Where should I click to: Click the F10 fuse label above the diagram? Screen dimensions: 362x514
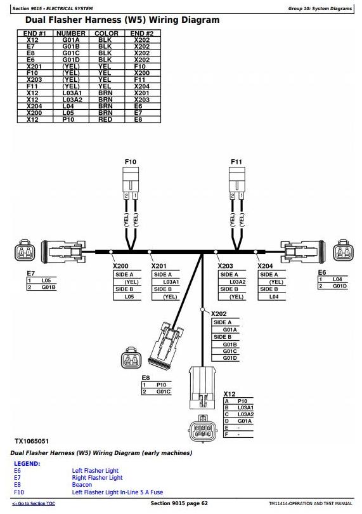tap(131, 162)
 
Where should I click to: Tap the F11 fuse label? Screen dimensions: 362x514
tap(236, 162)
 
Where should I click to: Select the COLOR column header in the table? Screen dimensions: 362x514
tap(107, 34)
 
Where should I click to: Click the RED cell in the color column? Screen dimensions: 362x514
tap(105, 120)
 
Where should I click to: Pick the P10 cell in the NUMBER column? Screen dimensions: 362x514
tap(68, 120)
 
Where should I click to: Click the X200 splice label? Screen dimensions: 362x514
tap(120, 266)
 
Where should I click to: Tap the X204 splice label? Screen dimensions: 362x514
tap(265, 266)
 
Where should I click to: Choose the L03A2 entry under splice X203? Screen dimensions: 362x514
tap(237, 282)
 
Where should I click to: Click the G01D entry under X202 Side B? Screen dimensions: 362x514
tap(229, 358)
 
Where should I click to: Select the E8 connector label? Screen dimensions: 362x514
tap(146, 378)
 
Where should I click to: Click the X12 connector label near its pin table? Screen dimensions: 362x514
tap(229, 394)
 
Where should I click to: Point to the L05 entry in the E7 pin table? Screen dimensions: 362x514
tap(46, 280)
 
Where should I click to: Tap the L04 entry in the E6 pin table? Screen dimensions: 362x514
tap(337, 279)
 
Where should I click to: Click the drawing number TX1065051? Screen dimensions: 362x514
tap(32, 441)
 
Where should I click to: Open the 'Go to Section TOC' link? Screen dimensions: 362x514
tap(34, 503)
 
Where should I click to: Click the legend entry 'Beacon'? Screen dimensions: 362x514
tap(82, 485)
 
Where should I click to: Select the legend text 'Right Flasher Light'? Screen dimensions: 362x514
tap(97, 478)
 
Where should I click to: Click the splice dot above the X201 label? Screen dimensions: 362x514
tap(150, 252)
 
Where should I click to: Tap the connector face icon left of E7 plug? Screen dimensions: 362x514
tap(24, 251)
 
